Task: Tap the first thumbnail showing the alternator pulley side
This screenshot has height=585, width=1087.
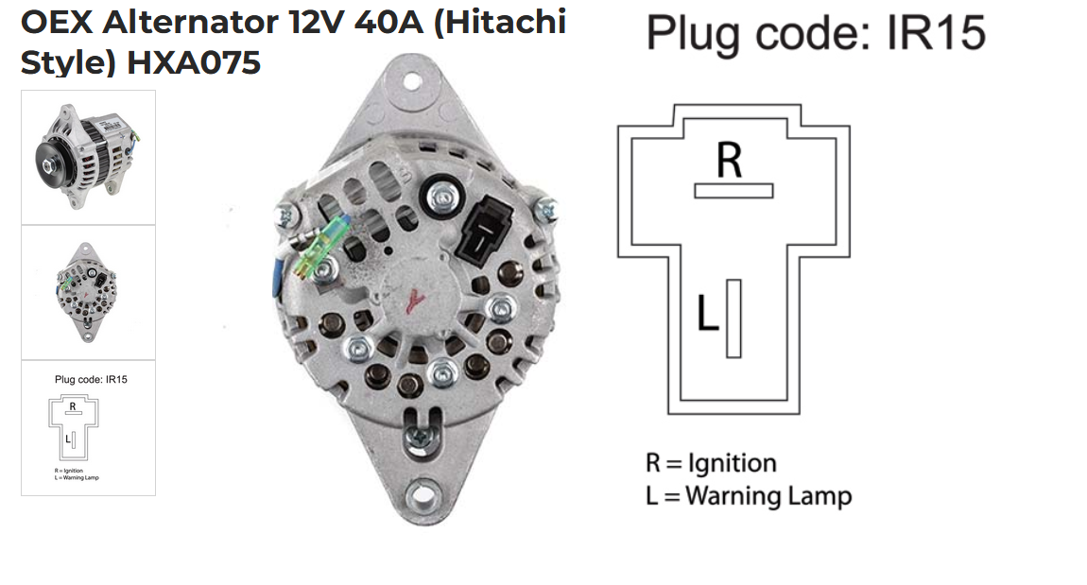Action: (x=88, y=157)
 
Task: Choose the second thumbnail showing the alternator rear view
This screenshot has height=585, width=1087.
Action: (x=88, y=292)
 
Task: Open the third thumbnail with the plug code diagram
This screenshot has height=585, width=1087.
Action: (x=88, y=427)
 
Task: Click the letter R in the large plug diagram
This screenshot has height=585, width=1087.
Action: (x=729, y=160)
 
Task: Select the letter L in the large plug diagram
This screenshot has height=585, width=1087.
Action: (x=707, y=315)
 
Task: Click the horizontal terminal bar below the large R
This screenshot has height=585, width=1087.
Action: (x=733, y=191)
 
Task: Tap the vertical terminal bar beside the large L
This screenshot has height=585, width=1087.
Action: (x=733, y=318)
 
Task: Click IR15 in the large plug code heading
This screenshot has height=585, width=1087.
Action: (x=935, y=33)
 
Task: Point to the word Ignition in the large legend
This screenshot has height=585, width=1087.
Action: (x=732, y=464)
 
